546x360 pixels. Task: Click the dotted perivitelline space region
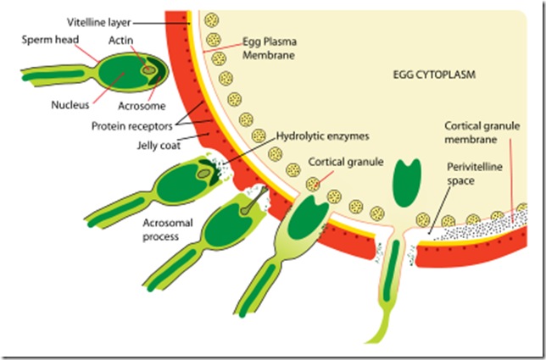click(475, 227)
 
